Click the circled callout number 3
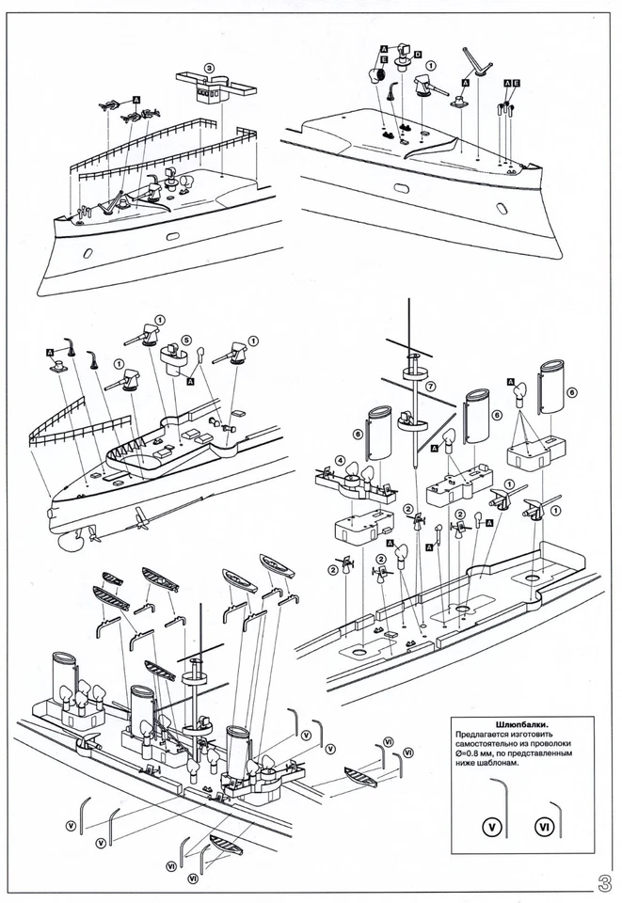[x=210, y=68]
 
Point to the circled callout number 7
[x=430, y=387]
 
